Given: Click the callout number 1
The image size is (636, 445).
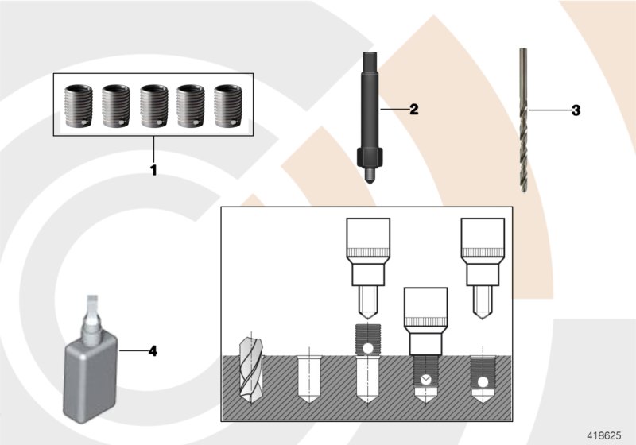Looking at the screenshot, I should (x=153, y=169).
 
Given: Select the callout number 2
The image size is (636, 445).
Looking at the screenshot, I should (x=413, y=109).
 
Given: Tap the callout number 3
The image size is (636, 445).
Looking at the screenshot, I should (x=576, y=110).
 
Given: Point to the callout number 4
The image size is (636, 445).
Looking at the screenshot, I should (x=153, y=350).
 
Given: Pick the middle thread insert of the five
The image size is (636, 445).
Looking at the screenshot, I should (x=153, y=105).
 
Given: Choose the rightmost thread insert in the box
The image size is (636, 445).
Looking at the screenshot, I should (x=227, y=105).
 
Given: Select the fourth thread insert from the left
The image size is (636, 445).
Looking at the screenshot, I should (x=190, y=105).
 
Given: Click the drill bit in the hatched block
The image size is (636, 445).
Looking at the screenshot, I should (x=250, y=370).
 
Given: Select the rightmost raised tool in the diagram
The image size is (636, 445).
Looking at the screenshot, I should (x=483, y=266).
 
